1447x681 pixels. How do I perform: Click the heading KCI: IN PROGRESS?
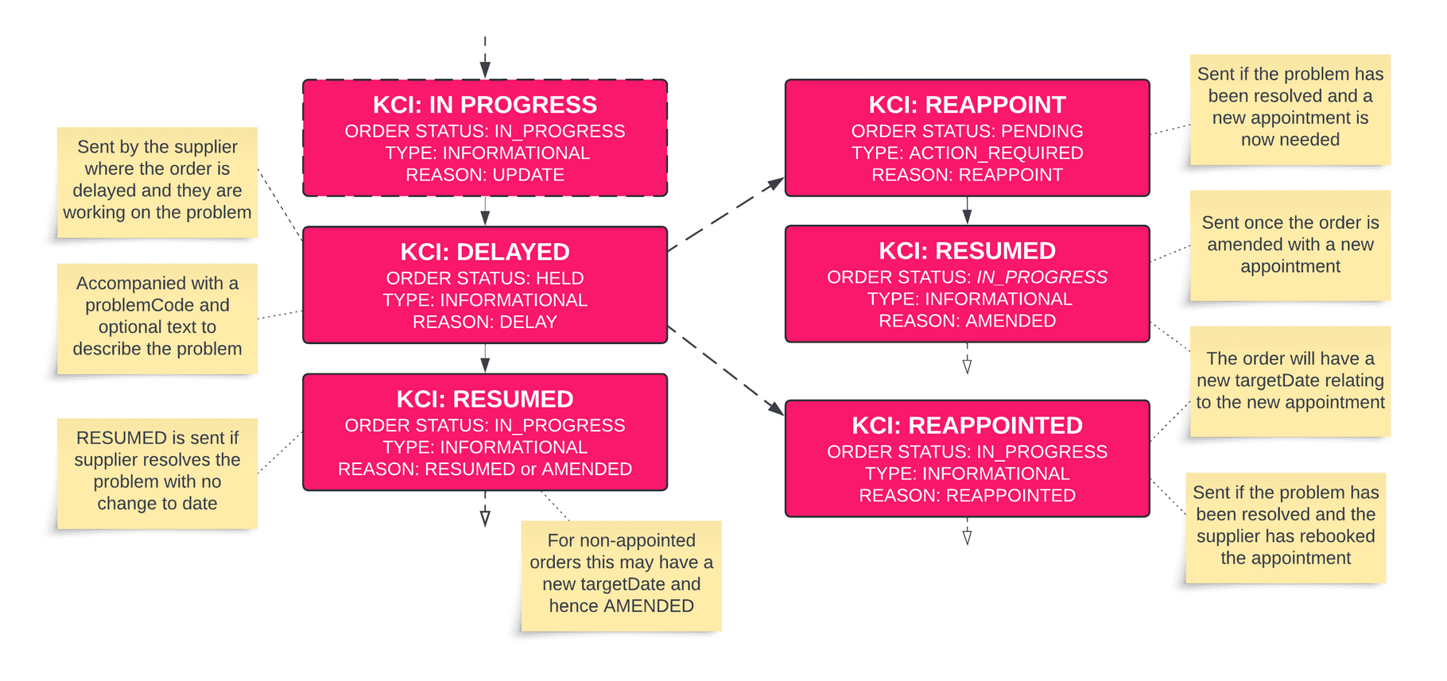point(485,105)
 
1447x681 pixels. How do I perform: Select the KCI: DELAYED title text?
point(485,252)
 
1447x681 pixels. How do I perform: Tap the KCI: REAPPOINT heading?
point(967,105)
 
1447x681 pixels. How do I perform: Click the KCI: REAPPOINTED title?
point(967,425)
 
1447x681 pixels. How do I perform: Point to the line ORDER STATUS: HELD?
point(485,278)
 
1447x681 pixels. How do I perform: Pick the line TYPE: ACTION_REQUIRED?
point(967,153)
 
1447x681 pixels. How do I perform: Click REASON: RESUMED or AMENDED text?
point(485,469)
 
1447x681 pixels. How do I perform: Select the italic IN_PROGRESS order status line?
point(967,277)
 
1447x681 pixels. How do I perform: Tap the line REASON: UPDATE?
point(485,175)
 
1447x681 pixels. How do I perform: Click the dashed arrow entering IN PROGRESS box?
point(485,60)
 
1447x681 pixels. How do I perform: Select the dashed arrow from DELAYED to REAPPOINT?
point(725,215)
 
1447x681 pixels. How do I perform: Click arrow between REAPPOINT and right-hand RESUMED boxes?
point(967,211)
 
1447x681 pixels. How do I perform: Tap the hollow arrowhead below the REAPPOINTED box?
point(967,537)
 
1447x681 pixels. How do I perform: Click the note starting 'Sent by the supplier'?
point(157,180)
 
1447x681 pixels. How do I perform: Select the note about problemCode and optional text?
point(157,316)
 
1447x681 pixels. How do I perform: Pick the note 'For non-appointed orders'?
point(621,574)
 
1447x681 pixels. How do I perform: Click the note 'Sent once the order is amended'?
point(1290,245)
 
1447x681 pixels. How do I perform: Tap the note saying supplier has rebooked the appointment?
point(1285,526)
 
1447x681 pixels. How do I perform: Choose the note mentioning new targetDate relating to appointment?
point(1290,381)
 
